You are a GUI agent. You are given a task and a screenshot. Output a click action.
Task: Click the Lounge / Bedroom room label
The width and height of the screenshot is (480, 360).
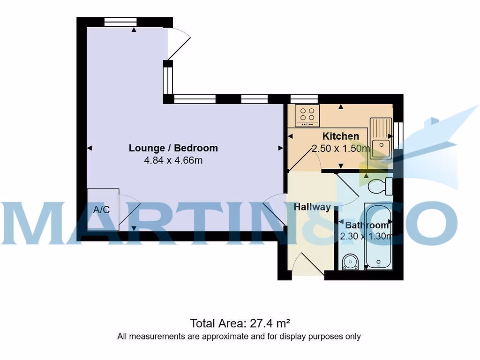pyautogui.click(x=173, y=148)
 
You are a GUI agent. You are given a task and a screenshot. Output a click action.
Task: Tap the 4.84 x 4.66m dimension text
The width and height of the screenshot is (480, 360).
pyautogui.click(x=173, y=160)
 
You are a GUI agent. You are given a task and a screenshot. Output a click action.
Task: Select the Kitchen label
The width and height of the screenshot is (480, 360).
pyautogui.click(x=341, y=136)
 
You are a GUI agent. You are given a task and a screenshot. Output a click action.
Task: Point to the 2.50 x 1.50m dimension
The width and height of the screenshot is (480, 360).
pyautogui.click(x=341, y=149)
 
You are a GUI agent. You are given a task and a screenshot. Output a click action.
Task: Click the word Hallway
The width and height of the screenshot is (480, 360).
pyautogui.click(x=312, y=207)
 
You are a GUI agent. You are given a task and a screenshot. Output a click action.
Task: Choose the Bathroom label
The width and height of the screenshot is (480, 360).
pyautogui.click(x=367, y=225)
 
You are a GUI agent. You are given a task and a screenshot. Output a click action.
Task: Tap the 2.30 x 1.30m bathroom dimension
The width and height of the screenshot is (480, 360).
pyautogui.click(x=367, y=236)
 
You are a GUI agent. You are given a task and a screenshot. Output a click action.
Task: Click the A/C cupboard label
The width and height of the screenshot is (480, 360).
pyautogui.click(x=102, y=210)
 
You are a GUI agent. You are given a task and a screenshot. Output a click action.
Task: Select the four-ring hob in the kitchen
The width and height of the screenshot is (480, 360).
pyautogui.click(x=307, y=115)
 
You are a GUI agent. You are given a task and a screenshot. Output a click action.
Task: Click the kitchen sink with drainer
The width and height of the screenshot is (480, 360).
pyautogui.click(x=381, y=138)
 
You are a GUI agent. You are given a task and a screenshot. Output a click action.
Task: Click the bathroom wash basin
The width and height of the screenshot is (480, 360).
pyautogui.click(x=350, y=262)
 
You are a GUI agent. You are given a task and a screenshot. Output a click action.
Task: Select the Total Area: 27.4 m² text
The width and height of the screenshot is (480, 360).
pyautogui.click(x=240, y=323)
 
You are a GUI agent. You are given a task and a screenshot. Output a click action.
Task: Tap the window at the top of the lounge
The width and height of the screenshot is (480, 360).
pyautogui.click(x=120, y=22)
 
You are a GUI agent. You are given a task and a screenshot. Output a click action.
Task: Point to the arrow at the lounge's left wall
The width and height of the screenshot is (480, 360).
pyautogui.click(x=90, y=148)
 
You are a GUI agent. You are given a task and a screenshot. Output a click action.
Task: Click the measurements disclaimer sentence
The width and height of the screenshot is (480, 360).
pyautogui.click(x=240, y=336)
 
